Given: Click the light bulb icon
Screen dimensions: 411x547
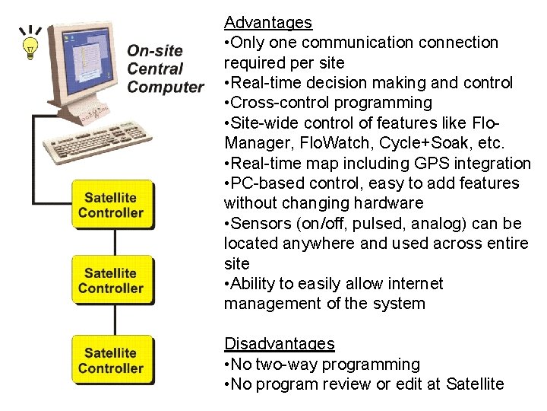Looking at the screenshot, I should coord(30,43).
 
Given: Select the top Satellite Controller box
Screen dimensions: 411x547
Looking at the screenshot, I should coord(111,205).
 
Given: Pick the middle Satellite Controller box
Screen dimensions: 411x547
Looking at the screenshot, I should coord(111,281).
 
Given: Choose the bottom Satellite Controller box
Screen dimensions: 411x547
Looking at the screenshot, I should coord(111,360).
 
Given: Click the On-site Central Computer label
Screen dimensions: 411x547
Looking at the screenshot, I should coord(165,69).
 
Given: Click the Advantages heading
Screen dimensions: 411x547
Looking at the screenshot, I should coord(268,23).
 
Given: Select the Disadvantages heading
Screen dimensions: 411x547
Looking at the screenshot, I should coord(279,344).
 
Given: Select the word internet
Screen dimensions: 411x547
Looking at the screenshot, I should coord(413,283).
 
